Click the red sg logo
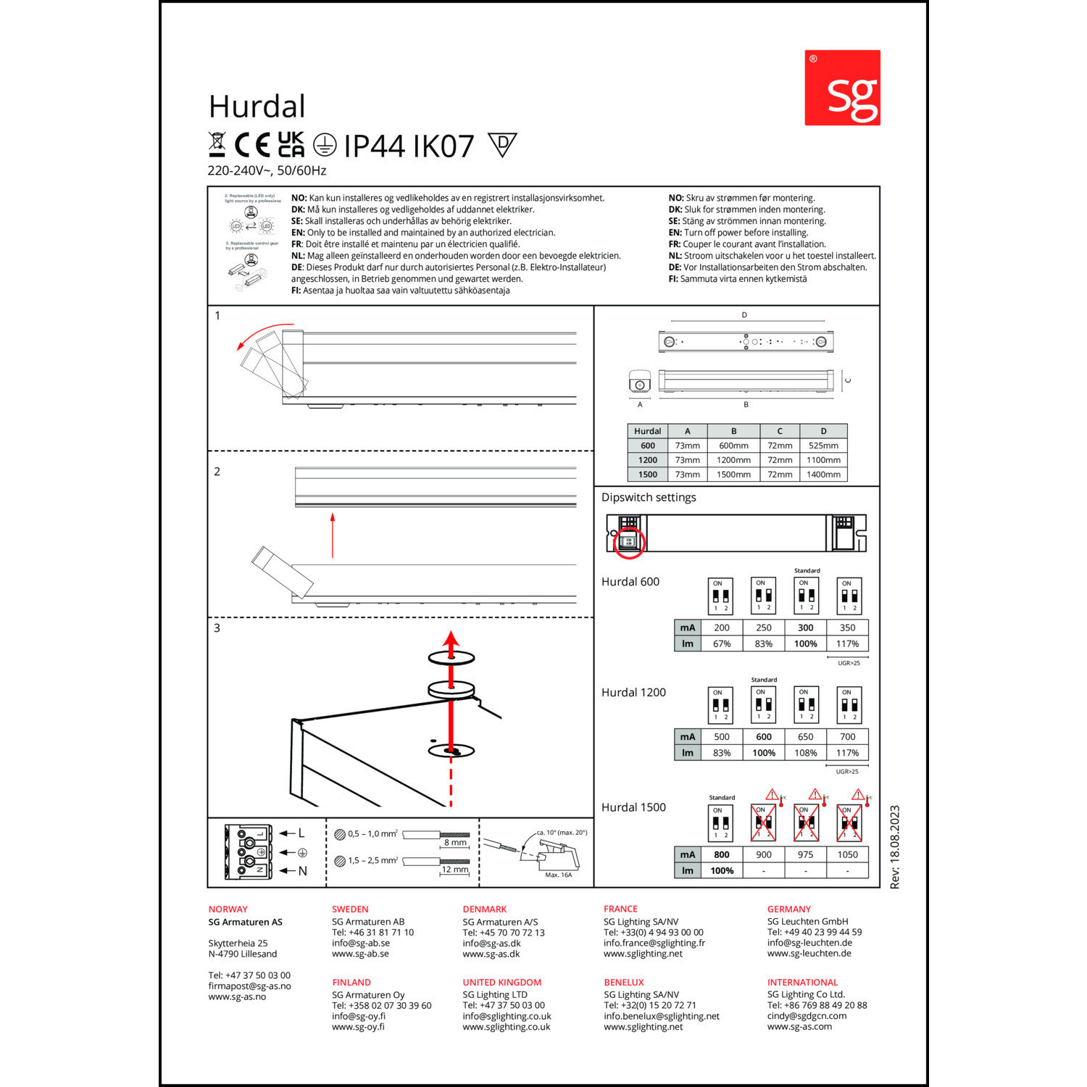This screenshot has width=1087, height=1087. point(842,88)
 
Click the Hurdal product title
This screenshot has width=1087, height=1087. point(257,107)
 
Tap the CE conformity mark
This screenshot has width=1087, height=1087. point(251,146)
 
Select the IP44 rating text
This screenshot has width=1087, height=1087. point(373,146)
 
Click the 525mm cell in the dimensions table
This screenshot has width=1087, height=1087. point(823,446)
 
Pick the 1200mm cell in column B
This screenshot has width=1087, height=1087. point(733,460)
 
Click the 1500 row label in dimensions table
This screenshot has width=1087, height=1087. point(647,475)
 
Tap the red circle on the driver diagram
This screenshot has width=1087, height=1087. point(629,543)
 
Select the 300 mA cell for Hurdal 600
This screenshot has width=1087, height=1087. point(805,628)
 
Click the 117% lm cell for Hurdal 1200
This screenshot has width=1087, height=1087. point(847,753)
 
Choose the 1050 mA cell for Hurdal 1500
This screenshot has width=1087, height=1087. point(847,854)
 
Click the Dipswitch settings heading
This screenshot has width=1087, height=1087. point(649,497)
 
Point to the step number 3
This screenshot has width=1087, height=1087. point(217,628)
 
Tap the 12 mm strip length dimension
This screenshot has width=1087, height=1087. point(455,870)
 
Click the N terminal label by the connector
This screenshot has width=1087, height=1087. point(303,871)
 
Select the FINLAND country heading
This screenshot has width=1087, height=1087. point(351,983)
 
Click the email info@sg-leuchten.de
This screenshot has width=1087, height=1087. point(809,943)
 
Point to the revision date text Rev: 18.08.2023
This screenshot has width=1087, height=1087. point(895,847)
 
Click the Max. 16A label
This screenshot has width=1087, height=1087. point(558,875)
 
